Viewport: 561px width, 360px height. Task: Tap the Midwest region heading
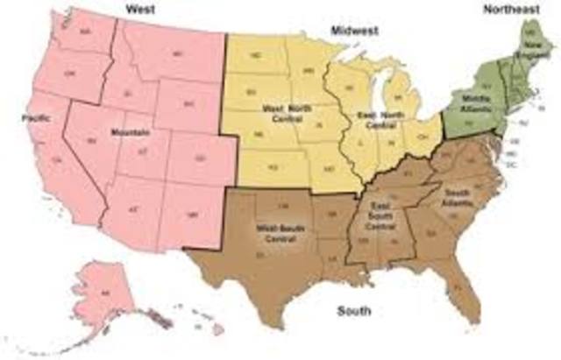point(354,31)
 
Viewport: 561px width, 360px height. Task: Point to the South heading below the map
point(353,311)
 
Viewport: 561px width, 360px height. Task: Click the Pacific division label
point(34,116)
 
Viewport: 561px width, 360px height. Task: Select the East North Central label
point(379,120)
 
